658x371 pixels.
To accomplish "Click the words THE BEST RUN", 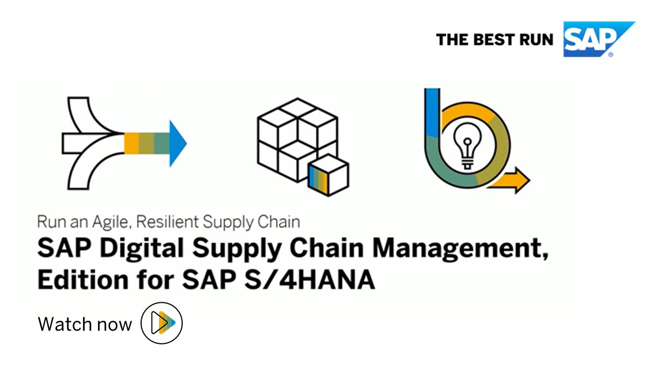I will pos(494,40).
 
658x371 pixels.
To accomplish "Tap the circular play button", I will pos(161,323).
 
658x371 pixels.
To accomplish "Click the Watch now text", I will pos(85,324).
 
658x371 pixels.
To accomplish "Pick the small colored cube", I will pos(328,175).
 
